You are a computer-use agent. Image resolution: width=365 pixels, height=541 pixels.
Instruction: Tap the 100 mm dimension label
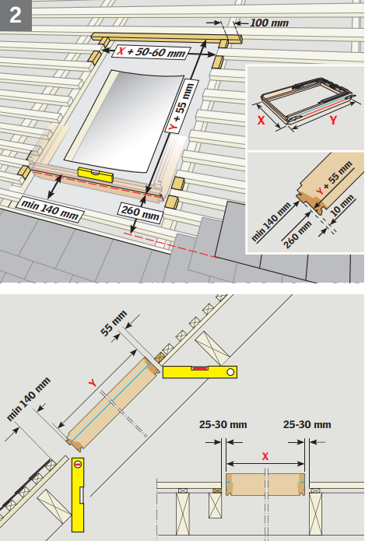click(269, 23)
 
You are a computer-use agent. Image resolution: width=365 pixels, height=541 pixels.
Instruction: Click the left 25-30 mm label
click(223, 424)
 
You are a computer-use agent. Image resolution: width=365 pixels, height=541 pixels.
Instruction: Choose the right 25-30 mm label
click(306, 424)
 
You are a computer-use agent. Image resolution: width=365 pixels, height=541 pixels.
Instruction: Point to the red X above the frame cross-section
click(265, 455)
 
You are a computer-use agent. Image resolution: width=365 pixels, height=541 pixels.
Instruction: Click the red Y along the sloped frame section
click(93, 383)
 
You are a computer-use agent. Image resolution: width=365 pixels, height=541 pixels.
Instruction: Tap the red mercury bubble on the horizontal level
click(199, 367)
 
